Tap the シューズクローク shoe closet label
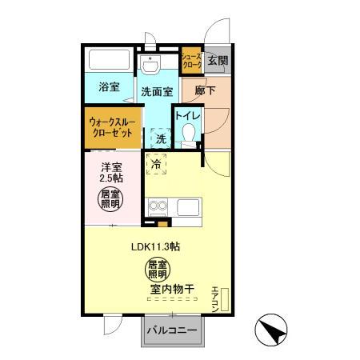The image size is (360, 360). point(190,60)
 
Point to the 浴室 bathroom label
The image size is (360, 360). point(109,86)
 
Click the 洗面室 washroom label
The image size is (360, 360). point(157,92)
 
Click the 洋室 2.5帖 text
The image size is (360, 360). point(112,174)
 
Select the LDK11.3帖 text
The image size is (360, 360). point(155,246)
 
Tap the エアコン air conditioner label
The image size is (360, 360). point(215,297)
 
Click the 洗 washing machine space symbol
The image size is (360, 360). point(161,138)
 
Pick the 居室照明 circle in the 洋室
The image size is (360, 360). point(111,200)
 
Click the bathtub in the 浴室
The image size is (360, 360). point(110,60)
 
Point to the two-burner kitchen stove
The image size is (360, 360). point(157,207)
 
